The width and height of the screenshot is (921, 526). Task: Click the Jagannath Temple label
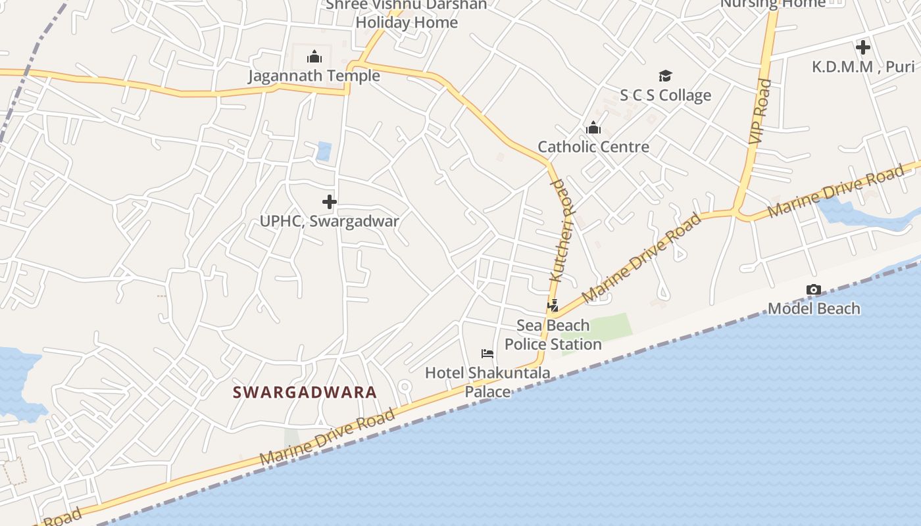[314, 76]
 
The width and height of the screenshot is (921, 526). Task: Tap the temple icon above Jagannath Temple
[314, 57]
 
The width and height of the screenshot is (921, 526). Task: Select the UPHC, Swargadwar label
[329, 221]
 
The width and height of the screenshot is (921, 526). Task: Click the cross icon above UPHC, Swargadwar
[330, 202]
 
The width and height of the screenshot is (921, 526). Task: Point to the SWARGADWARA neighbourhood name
[305, 393]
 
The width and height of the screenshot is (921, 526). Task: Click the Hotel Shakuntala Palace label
[487, 382]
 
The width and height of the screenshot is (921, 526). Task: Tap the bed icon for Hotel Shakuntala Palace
[487, 354]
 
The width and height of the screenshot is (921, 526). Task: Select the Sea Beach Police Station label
[553, 335]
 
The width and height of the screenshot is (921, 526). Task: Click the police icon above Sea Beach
[553, 306]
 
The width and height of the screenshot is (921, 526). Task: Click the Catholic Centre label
[593, 147]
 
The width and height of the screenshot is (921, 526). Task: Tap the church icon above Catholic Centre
[593, 128]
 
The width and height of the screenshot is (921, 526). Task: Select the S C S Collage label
[665, 95]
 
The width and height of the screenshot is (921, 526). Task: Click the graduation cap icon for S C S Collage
[665, 76]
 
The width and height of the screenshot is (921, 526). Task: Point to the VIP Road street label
[760, 112]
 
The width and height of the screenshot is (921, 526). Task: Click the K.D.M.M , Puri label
[863, 66]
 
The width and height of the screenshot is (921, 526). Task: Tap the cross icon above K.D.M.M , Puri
[863, 47]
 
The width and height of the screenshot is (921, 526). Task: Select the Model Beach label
[814, 308]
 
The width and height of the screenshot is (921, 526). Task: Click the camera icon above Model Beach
[814, 289]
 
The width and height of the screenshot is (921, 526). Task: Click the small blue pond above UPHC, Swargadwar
[324, 151]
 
